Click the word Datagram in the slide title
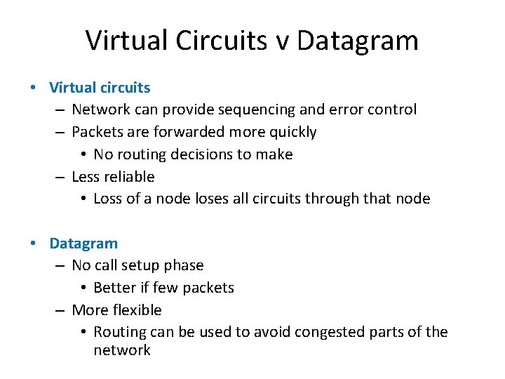pyautogui.click(x=358, y=40)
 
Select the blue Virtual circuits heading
pyautogui.click(x=100, y=88)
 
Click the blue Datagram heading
pyautogui.click(x=83, y=244)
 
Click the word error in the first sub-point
pyautogui.click(x=351, y=109)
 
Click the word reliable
pyautogui.click(x=130, y=177)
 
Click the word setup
pyautogui.click(x=140, y=265)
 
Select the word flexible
pyautogui.click(x=137, y=310)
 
